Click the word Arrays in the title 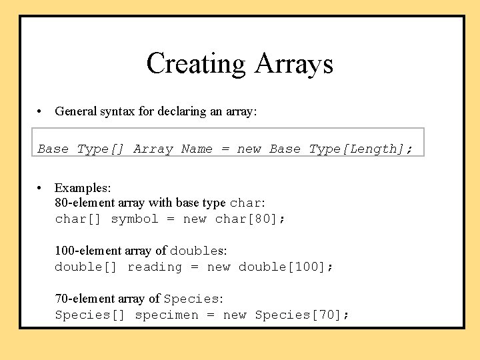(293, 64)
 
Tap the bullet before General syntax (41, 111)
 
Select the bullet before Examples (41, 188)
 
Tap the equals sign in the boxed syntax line (225, 149)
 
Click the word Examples (83, 188)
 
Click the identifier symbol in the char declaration (135, 219)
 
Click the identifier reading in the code (155, 267)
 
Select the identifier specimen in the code (167, 315)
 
